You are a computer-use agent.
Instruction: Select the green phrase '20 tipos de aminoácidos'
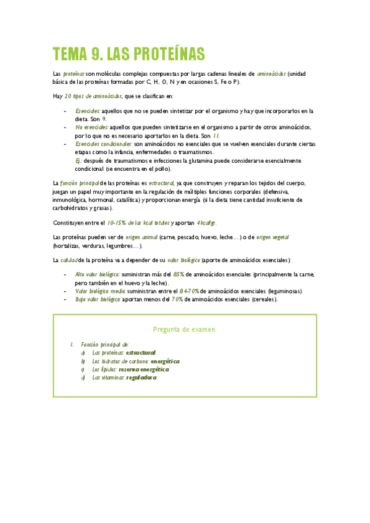93,96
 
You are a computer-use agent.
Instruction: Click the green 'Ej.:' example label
78,160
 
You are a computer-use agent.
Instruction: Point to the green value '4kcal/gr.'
206,222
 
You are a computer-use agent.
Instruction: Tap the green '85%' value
179,274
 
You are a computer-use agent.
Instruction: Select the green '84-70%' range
188,290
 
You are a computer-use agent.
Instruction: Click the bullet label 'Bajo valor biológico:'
98,299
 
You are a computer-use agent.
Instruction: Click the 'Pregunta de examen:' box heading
185,329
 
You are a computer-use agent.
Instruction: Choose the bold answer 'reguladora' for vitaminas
141,377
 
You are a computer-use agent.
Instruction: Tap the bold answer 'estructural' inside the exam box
140,352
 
